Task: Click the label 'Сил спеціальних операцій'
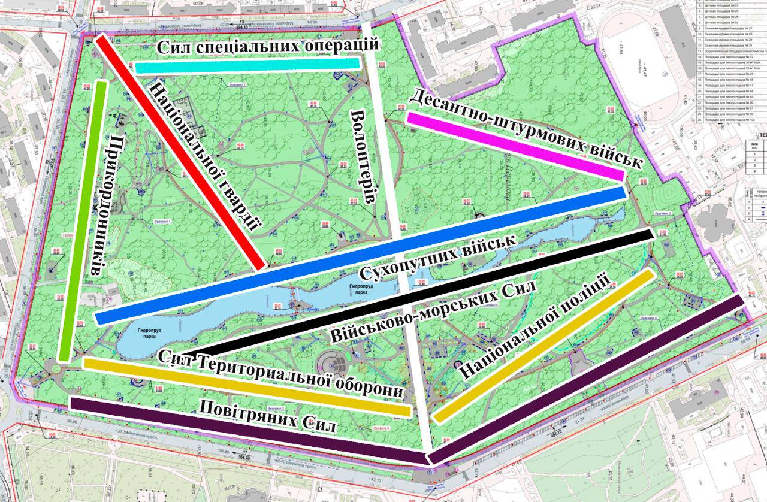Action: tap(267, 46)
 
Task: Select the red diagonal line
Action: tap(180, 152)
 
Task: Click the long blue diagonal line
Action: tap(360, 255)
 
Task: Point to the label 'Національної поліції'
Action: tap(533, 326)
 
